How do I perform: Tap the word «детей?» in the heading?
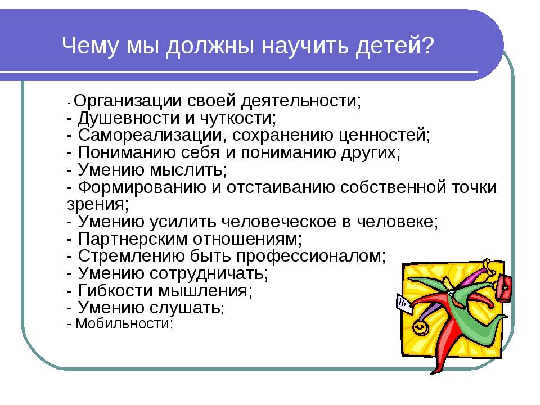pyautogui.click(x=395, y=46)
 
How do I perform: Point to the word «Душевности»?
pyautogui.click(x=129, y=118)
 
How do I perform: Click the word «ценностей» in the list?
pyautogui.click(x=382, y=136)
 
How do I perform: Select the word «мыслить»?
pyautogui.click(x=187, y=170)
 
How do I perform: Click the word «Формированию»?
pyautogui.click(x=142, y=188)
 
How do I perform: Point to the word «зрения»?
pyautogui.click(x=96, y=205)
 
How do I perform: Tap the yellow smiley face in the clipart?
pyautogui.click(x=420, y=327)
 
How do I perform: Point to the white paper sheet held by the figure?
pyautogui.click(x=404, y=304)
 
